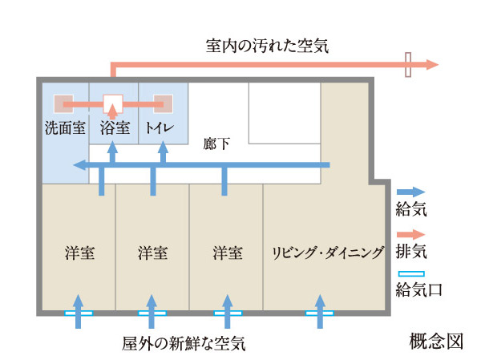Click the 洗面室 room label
click(64, 127)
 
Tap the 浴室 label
click(113, 127)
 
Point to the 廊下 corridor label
click(217, 144)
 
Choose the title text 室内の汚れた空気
click(267, 47)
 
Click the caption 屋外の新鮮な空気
click(184, 344)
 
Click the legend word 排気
click(411, 252)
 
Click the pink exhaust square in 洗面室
click(64, 104)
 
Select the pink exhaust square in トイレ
click(163, 104)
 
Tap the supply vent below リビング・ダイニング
click(319, 313)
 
